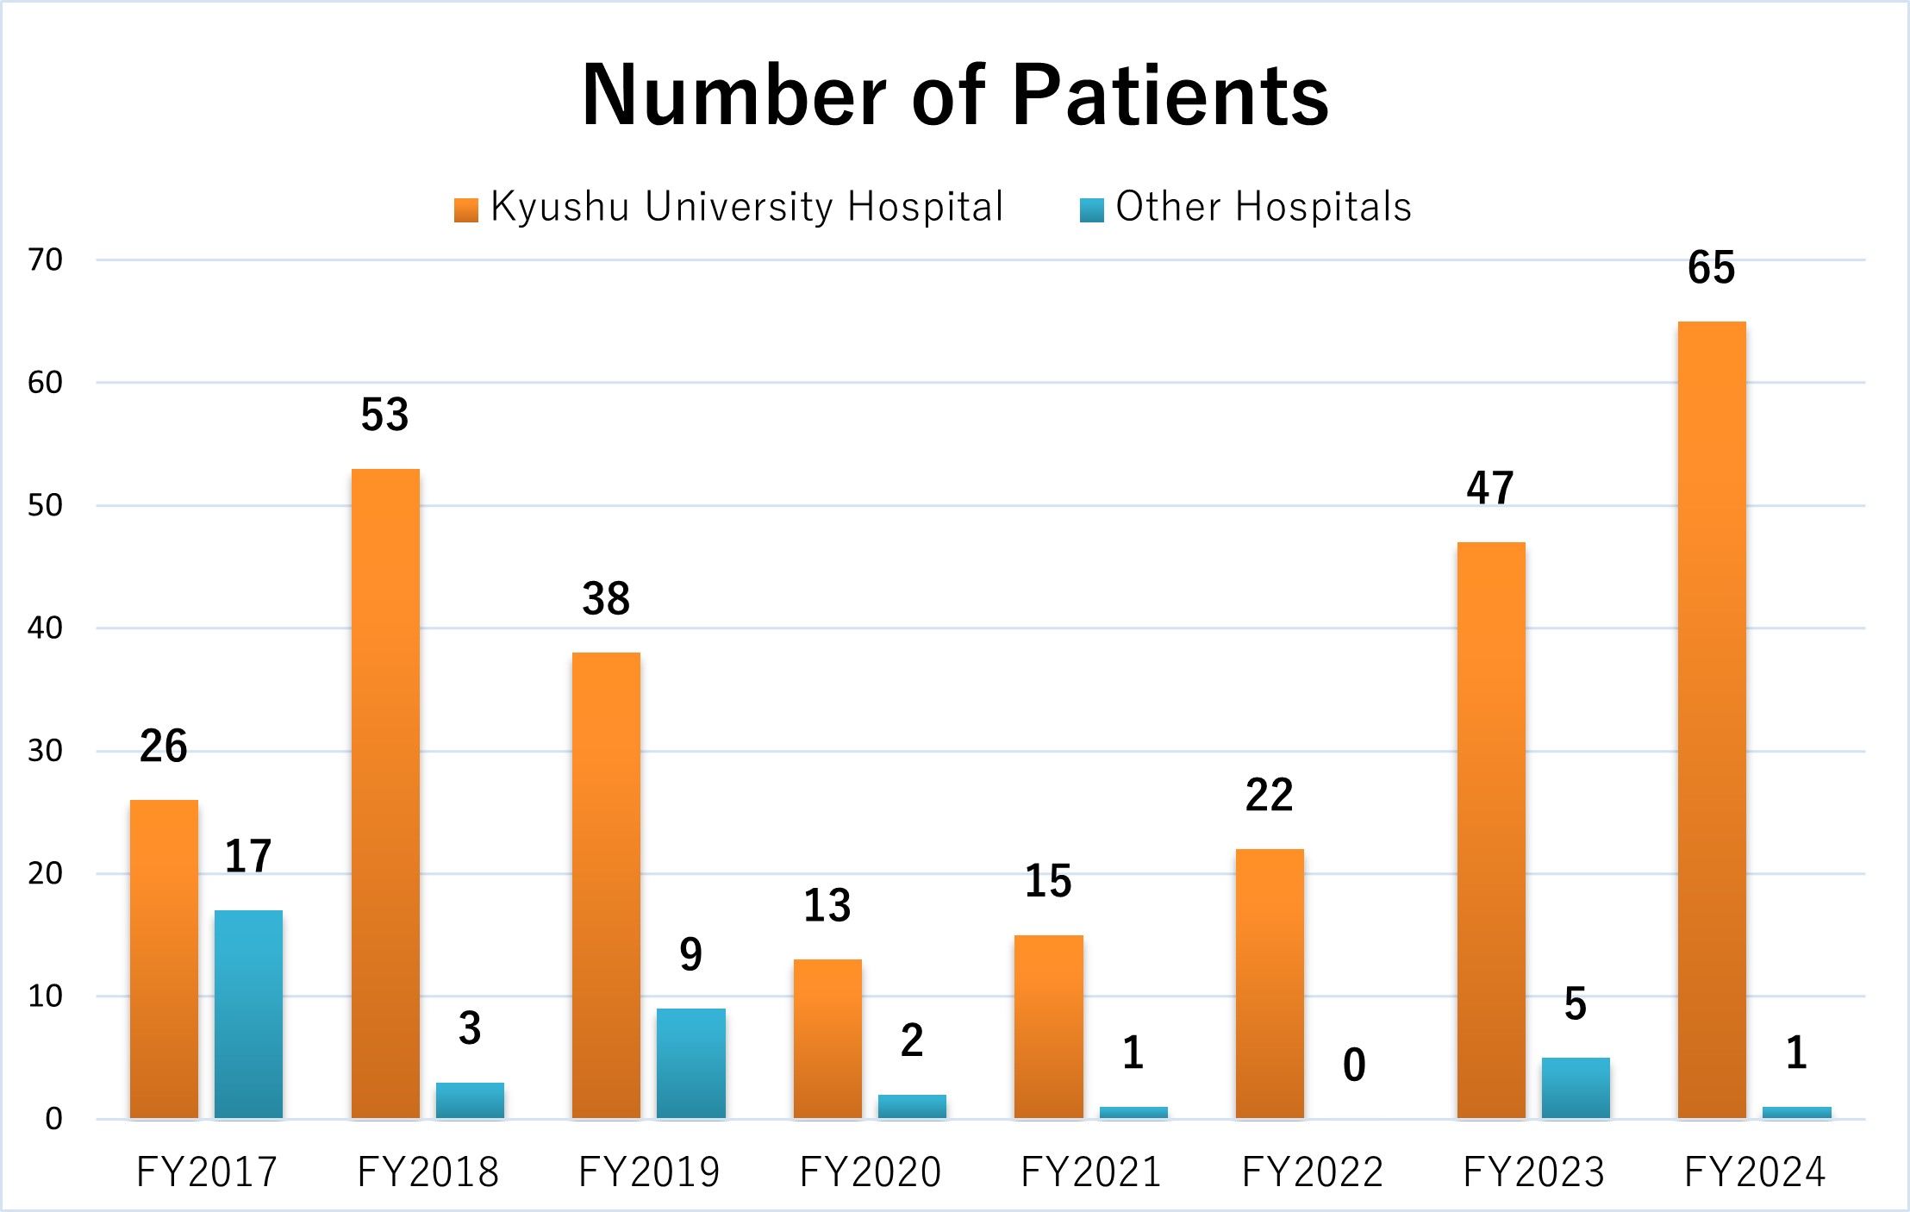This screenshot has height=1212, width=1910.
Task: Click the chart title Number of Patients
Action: [955, 95]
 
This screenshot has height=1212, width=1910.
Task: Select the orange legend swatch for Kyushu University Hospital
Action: [466, 210]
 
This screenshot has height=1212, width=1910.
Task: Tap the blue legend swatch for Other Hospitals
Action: [1091, 210]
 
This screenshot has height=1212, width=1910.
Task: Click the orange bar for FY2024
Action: [1712, 720]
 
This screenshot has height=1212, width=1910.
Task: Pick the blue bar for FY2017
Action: [248, 1015]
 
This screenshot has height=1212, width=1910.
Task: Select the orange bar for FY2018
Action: [385, 793]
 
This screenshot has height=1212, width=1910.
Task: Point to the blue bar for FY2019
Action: [690, 1063]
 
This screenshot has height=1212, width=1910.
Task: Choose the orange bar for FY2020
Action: [827, 1039]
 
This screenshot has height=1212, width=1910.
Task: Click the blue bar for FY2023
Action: [1576, 1088]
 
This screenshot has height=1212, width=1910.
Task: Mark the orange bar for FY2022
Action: [1270, 984]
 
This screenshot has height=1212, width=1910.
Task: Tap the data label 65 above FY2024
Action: [1711, 267]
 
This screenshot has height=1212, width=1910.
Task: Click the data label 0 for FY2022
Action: [1354, 1065]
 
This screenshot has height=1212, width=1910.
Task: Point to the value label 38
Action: [606, 598]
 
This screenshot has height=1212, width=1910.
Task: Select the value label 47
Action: [1490, 488]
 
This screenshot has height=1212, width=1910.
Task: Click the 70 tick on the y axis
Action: [46, 259]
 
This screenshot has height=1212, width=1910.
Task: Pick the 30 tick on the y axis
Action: [46, 751]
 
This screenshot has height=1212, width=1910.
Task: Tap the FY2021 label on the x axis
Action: [1091, 1172]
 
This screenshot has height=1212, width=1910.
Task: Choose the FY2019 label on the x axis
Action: [649, 1172]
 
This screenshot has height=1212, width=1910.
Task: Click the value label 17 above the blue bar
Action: [248, 856]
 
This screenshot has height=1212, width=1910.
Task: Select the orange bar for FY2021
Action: [1048, 1027]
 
